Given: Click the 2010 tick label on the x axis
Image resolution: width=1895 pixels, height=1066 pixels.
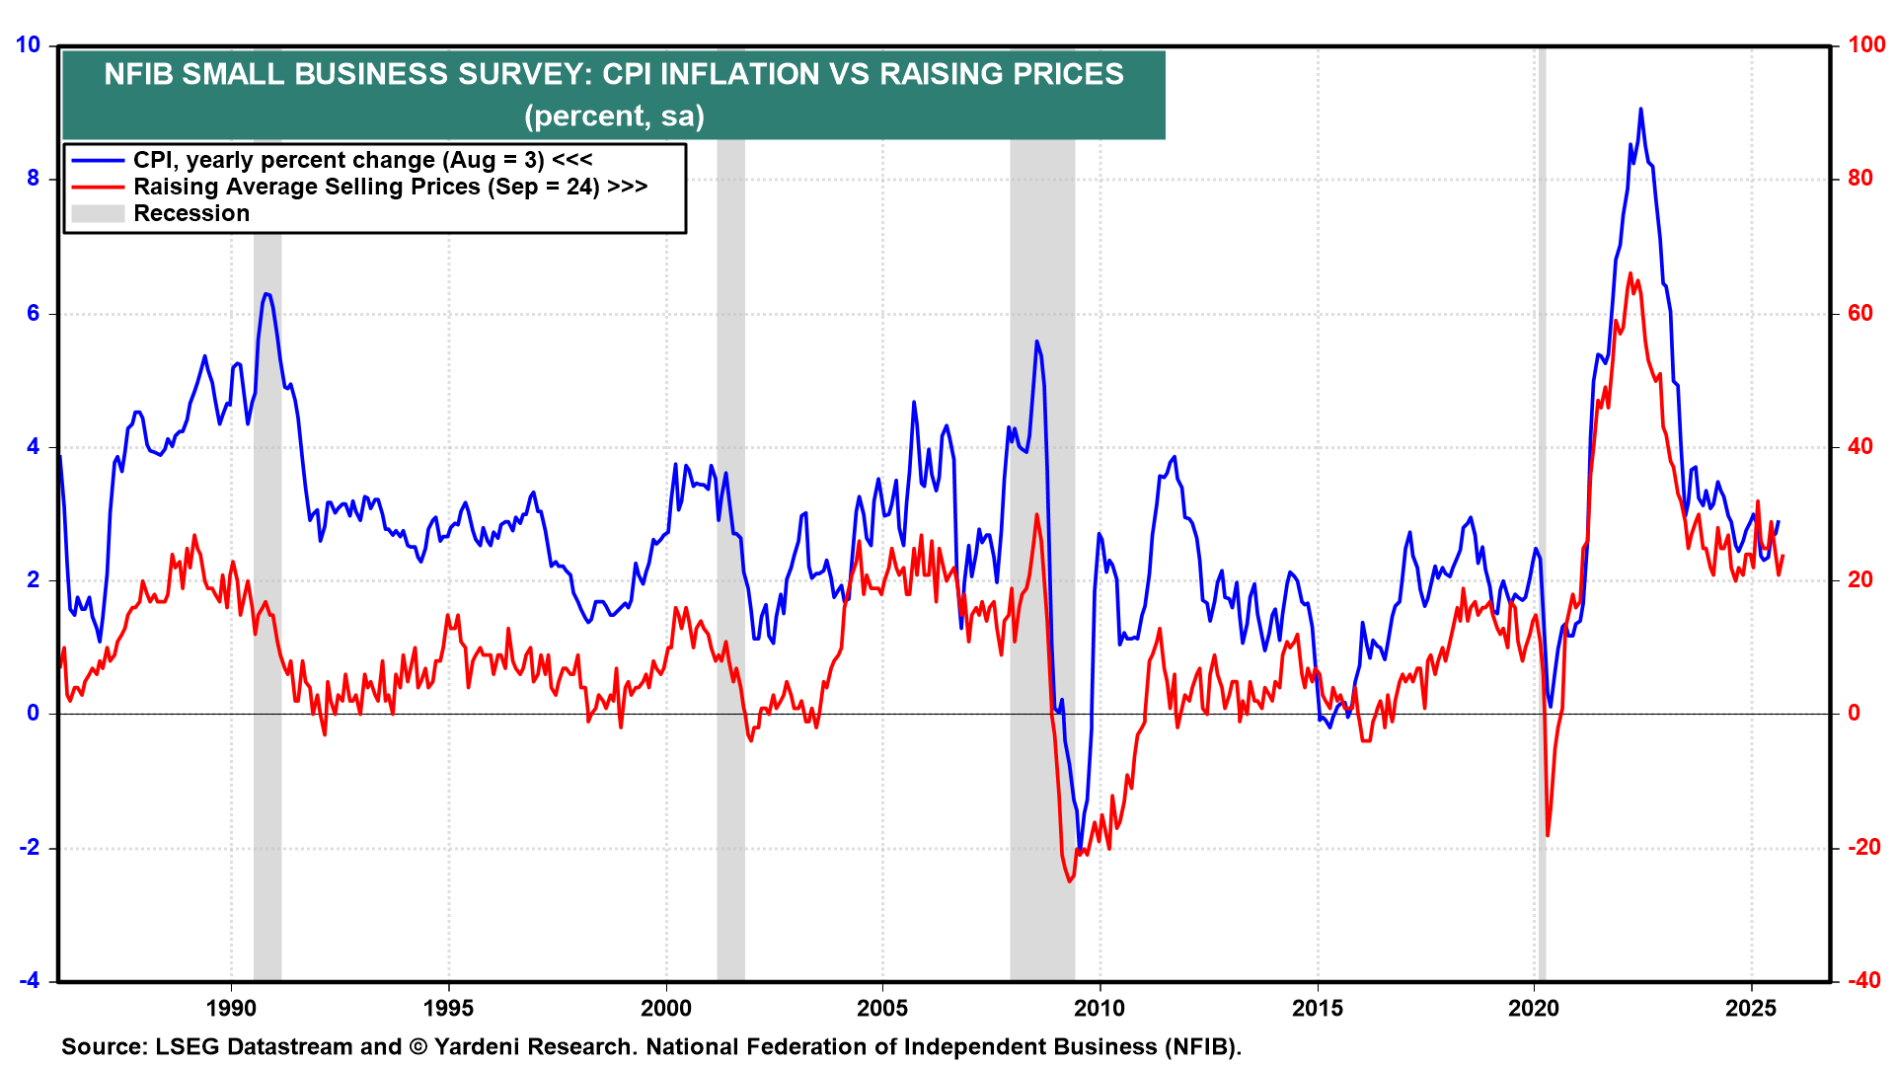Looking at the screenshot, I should coord(1099,1008).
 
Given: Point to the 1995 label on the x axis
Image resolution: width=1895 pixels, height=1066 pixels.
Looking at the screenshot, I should coord(448,1008).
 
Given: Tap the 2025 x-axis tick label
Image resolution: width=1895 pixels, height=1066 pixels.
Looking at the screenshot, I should coord(1751,1008).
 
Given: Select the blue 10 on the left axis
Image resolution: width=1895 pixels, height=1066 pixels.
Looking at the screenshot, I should coord(28,44).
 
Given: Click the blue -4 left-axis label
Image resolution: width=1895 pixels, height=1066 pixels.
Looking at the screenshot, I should coord(30,980).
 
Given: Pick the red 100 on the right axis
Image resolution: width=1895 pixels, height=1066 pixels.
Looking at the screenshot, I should coord(1866,44).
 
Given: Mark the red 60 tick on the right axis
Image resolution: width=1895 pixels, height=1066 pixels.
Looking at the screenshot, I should coord(1860,313).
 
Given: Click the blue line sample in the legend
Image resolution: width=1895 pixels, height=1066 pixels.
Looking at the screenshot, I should coord(98,160).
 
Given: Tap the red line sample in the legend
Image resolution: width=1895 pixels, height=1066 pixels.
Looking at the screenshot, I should coord(98,187).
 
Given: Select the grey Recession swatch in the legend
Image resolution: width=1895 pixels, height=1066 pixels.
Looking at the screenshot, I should coord(98,213).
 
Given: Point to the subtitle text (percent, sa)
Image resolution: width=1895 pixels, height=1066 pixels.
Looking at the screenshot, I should coord(614,116).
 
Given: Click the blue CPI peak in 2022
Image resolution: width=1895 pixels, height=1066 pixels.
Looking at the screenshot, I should coord(1640,109).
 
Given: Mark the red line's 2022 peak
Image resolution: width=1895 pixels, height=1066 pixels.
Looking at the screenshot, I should coord(1630,273).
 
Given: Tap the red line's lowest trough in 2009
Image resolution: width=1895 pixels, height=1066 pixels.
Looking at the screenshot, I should coord(1069,881).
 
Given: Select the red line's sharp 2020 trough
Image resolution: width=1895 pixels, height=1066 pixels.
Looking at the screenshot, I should coord(1547,835).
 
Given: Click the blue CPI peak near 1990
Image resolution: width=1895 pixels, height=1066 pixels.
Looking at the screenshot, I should coord(266,294).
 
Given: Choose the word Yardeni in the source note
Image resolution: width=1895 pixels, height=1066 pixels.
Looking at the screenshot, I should coord(479,1046).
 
